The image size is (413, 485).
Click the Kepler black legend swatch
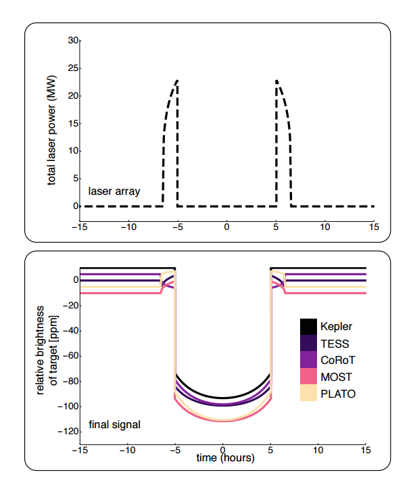point(309,327)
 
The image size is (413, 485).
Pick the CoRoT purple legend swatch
point(309,360)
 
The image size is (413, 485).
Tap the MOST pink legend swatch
point(309,377)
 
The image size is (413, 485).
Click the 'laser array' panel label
point(114,191)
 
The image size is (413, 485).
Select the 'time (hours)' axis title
point(222,459)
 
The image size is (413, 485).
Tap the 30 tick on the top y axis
point(72,41)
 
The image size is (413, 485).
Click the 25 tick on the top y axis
point(72,68)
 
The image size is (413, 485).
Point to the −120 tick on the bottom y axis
point(67,431)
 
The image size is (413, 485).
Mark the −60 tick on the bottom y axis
point(69,355)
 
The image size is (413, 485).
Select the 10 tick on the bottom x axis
point(318,450)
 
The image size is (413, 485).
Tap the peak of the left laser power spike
point(177,80)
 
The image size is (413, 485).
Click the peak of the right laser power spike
point(276,80)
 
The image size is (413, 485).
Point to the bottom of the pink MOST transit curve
point(223,421)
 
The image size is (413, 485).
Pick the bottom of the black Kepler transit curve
point(223,398)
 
